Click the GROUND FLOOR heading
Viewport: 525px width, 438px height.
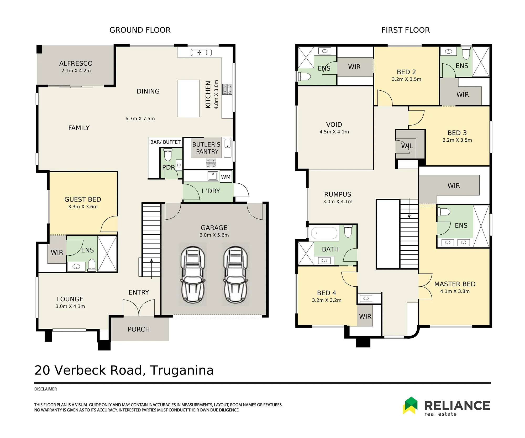(x=140, y=30)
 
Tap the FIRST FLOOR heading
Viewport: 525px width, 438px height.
(x=406, y=30)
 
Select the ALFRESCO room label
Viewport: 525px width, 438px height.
(x=76, y=63)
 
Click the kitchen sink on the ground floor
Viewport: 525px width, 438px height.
(x=201, y=53)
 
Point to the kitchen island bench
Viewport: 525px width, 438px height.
(x=189, y=98)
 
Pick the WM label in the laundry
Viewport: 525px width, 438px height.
(x=226, y=177)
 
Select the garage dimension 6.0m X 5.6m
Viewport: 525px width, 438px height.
(x=214, y=235)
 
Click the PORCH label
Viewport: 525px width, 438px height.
(x=139, y=329)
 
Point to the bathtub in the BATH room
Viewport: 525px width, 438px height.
(x=324, y=233)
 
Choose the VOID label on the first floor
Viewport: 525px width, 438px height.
(x=334, y=125)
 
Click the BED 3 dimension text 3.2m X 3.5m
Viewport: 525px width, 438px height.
(x=457, y=140)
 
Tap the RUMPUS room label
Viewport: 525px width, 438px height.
(x=338, y=194)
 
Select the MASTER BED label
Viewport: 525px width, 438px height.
(x=455, y=284)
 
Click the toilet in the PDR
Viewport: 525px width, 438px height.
(x=168, y=154)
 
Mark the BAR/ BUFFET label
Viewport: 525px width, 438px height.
(x=165, y=142)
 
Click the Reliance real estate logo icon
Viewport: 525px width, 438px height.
(x=410, y=405)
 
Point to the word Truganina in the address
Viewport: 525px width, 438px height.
(x=182, y=370)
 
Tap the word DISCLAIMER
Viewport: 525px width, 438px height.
(x=45, y=389)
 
